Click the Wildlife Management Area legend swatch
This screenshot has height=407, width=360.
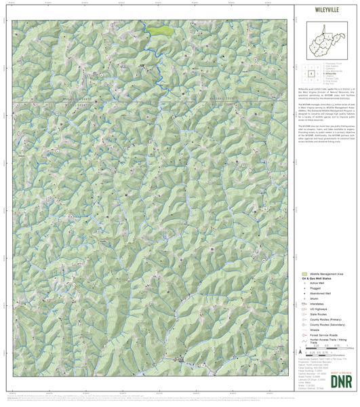305,274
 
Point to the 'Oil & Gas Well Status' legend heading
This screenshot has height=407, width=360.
323,279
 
